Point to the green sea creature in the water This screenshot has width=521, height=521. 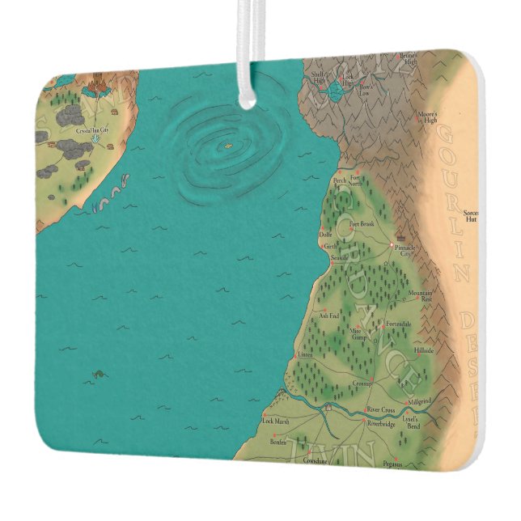(x=98, y=374)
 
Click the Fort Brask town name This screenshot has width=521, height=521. (x=362, y=223)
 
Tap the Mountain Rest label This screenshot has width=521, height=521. (x=421, y=295)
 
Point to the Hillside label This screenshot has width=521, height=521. (x=424, y=350)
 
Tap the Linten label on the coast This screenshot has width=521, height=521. (x=304, y=354)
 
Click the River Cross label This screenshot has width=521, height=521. (x=380, y=410)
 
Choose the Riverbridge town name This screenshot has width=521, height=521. (x=380, y=423)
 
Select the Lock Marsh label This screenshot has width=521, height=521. (x=276, y=421)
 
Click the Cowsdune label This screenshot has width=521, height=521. (x=314, y=459)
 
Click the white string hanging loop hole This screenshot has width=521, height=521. (x=246, y=98)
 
